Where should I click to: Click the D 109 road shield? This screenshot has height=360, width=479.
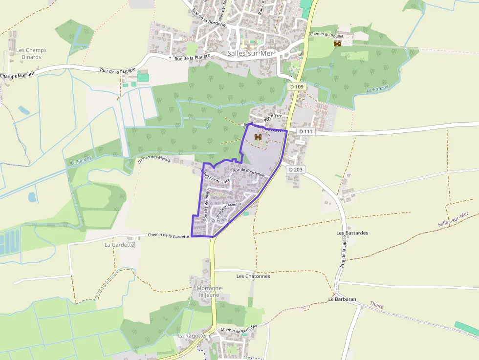click(x=296, y=86)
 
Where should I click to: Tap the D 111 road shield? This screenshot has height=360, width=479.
click(x=305, y=131)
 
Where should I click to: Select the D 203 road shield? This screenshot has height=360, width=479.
click(x=296, y=169)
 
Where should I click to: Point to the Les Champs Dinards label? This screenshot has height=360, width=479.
click(x=31, y=53)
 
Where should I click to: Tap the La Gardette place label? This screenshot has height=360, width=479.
click(x=119, y=244)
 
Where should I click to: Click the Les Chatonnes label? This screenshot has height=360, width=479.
click(x=253, y=276)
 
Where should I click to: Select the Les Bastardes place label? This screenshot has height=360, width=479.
click(x=352, y=233)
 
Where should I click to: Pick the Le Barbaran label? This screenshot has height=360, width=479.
click(x=342, y=299)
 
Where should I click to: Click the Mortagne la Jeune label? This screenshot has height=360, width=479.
click(x=209, y=292)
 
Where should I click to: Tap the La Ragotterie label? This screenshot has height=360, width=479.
click(x=195, y=336)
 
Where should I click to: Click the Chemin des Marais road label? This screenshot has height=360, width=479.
click(x=154, y=159)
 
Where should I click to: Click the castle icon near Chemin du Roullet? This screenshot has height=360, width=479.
click(x=337, y=43)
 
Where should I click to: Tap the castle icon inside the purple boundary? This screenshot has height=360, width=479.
click(x=258, y=137)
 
